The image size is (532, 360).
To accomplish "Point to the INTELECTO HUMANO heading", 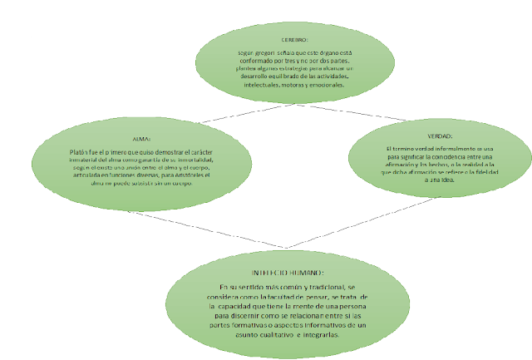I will pyautogui.click(x=287, y=274).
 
